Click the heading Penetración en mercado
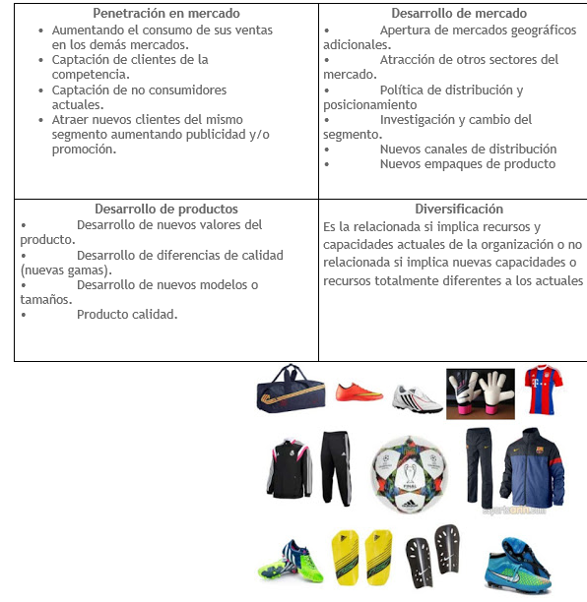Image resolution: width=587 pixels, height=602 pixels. coord(165,14)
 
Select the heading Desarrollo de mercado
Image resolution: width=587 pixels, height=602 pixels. coord(459,14)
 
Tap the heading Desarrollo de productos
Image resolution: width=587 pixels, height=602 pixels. coord(165,209)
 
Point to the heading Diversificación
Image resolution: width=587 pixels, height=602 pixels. coord(459,209)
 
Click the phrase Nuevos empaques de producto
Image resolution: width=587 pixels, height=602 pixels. coord(468,164)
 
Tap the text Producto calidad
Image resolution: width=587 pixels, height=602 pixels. coord(127,315)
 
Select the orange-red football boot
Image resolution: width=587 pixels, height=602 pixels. coord(359,391)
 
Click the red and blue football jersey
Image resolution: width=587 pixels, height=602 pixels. coord(543,389)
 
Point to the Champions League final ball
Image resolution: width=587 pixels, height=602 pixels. coord(405,471)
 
